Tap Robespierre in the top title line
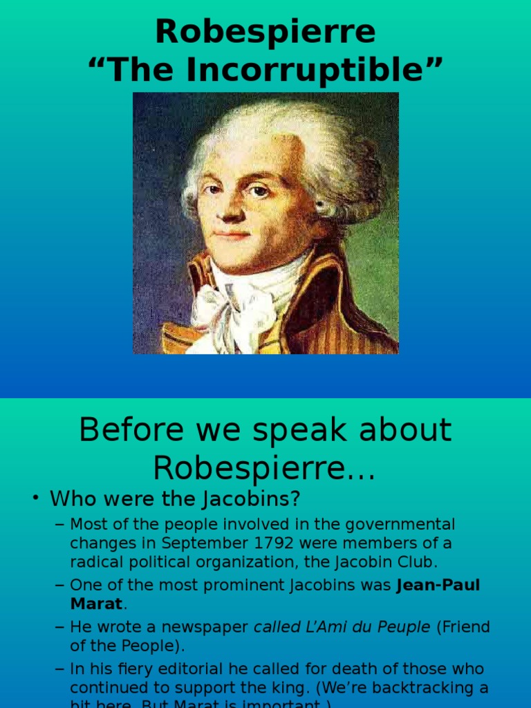[x=265, y=32]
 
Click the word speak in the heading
[x=299, y=431]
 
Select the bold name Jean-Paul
[x=438, y=586]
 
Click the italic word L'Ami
[x=331, y=627]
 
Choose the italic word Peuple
[x=404, y=627]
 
